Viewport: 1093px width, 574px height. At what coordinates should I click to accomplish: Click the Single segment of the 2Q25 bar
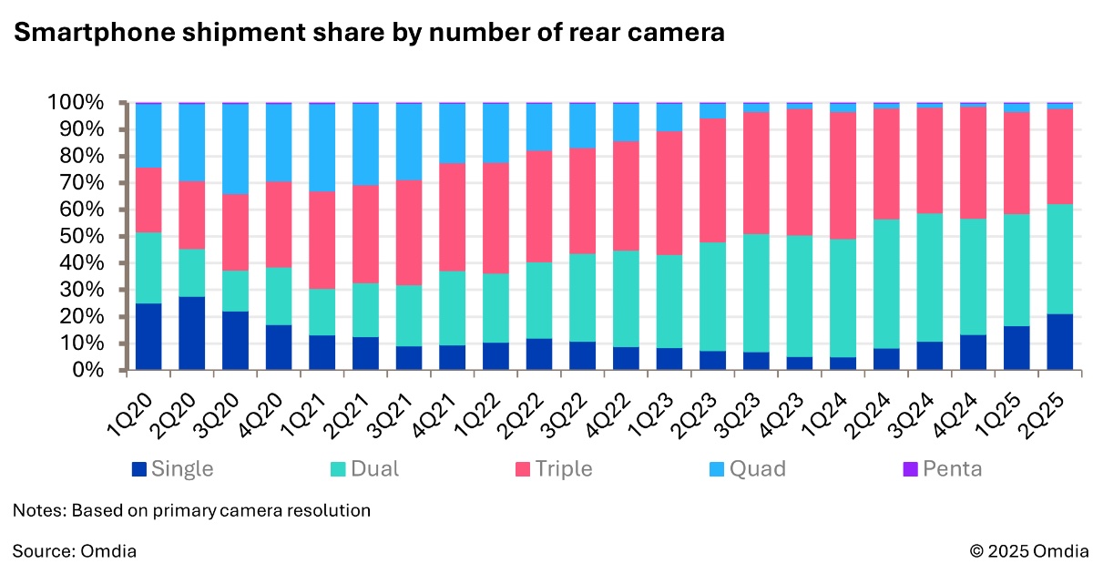point(1060,343)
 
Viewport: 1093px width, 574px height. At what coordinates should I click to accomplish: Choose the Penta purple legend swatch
point(910,469)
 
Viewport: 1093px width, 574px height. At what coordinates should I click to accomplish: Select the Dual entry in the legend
point(363,469)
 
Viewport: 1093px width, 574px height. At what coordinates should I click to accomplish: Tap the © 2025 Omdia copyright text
point(1028,550)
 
